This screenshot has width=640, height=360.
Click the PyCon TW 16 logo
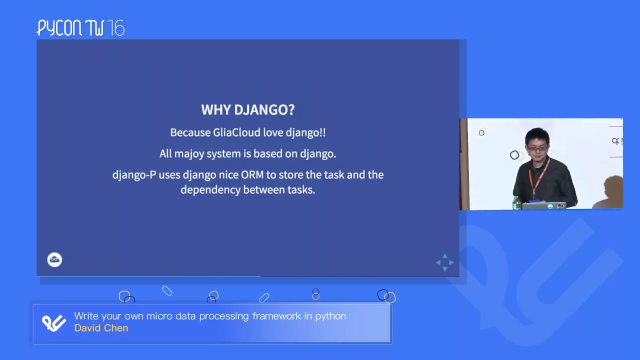(80, 28)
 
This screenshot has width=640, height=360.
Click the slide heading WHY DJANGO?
(247, 109)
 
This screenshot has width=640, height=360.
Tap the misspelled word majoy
(189, 154)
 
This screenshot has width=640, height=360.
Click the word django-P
(134, 175)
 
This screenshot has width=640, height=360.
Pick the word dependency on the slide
(210, 190)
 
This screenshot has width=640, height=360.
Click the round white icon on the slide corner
(54, 259)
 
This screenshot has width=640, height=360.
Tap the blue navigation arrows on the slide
(444, 262)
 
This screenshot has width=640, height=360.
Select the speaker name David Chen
(101, 328)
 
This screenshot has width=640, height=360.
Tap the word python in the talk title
(330, 316)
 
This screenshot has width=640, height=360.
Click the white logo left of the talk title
(54, 323)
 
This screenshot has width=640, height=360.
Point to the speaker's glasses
(537, 148)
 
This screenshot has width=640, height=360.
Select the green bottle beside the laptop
(516, 202)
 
